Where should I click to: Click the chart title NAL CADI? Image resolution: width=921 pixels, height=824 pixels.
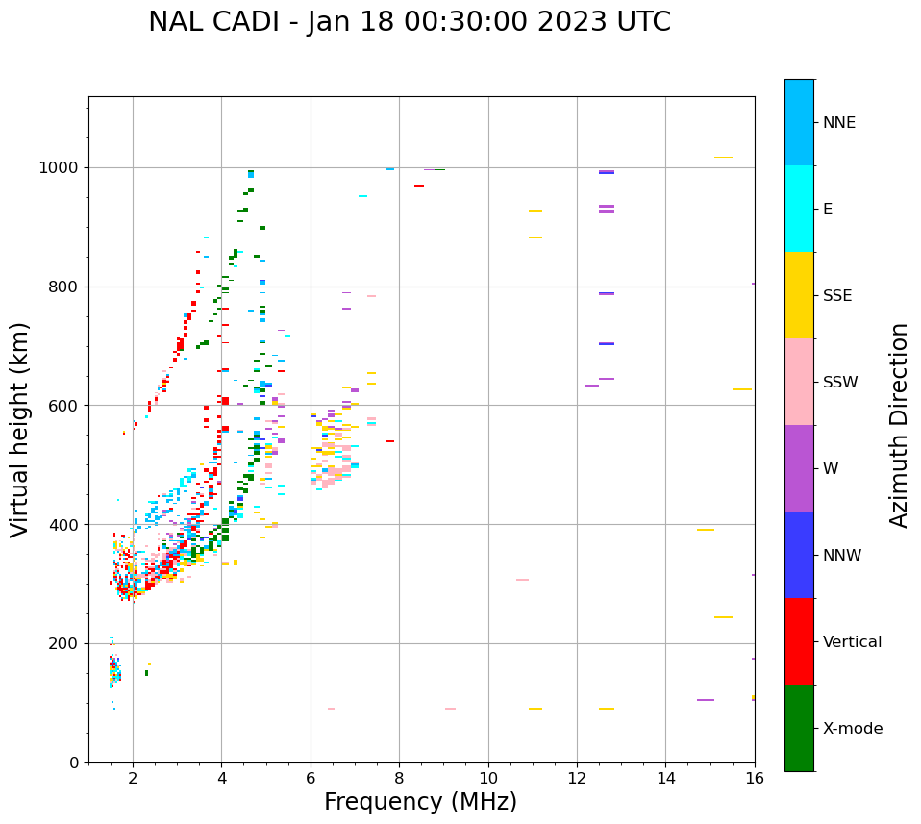(x=410, y=22)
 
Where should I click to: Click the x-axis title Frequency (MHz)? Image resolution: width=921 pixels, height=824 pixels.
(x=420, y=802)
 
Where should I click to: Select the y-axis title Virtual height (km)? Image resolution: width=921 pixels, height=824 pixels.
(x=20, y=430)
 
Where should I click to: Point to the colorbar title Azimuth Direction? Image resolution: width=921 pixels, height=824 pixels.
(x=899, y=425)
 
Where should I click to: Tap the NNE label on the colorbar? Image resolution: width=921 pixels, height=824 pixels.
(x=838, y=123)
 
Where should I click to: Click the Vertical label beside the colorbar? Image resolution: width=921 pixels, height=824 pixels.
(x=852, y=642)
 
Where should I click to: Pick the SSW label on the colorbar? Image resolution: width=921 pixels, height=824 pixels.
(x=840, y=383)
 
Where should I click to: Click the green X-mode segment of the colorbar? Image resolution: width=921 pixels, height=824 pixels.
(x=799, y=728)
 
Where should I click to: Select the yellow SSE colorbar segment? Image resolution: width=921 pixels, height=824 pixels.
(x=799, y=295)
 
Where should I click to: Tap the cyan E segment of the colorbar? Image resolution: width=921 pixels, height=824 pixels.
(x=799, y=209)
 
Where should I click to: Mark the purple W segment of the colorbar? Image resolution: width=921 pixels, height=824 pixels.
(x=799, y=468)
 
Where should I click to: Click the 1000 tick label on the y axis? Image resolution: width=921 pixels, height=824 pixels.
(x=61, y=168)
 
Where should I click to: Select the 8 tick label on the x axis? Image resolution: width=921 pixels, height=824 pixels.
(x=399, y=777)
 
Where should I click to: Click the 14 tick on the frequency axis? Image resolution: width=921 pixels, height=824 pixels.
(x=665, y=777)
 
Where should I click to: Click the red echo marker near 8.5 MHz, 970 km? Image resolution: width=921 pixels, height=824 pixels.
(x=419, y=186)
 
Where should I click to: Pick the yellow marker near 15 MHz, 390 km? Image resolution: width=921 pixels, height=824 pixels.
(x=706, y=530)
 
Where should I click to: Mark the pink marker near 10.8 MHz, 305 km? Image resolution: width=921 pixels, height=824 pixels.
(x=522, y=580)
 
